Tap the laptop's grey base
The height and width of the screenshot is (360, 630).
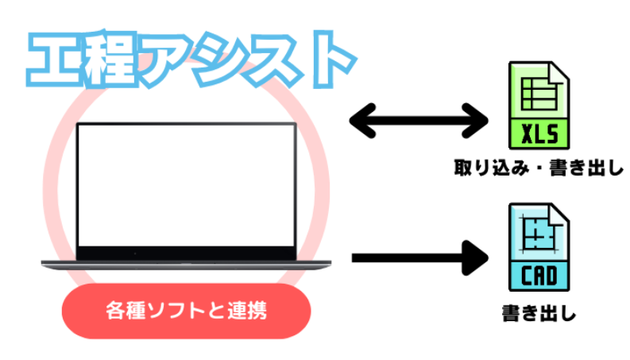click(186, 265)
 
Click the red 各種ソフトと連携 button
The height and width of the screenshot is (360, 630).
click(186, 311)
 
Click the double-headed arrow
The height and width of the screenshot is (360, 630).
click(419, 121)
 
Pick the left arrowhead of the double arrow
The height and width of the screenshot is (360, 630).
click(362, 121)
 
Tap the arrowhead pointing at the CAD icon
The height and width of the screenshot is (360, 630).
click(477, 257)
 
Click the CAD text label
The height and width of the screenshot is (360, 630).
click(540, 276)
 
